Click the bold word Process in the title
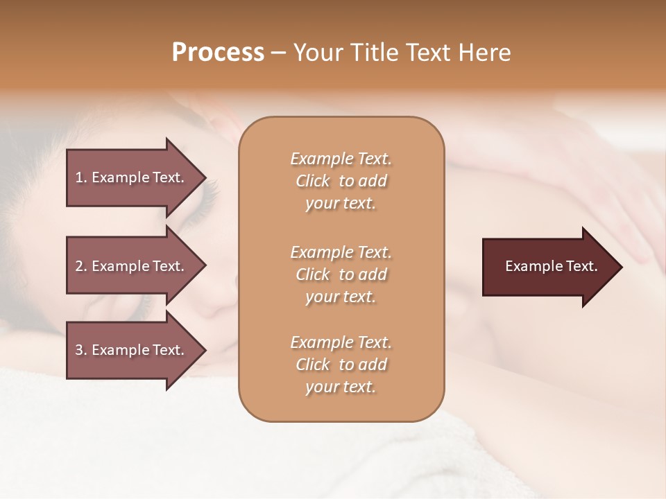tap(218, 53)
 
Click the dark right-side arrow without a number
tap(548, 267)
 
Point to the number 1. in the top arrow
tap(81, 177)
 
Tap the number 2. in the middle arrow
tap(81, 266)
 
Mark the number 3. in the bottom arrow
tap(81, 350)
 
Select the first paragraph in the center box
tap(341, 181)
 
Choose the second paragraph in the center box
tap(341, 274)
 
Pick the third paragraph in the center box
tap(341, 365)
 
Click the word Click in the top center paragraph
tap(313, 181)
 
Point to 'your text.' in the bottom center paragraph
tap(341, 387)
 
